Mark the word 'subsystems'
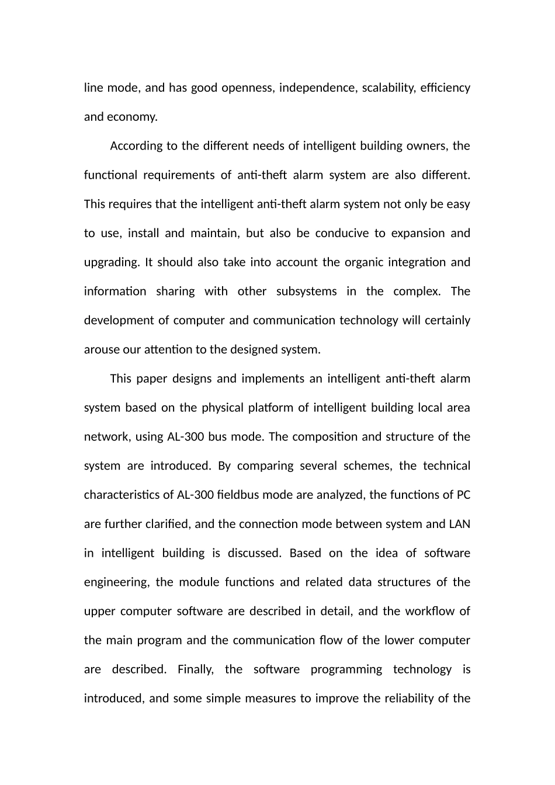[306, 291]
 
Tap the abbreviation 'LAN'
[459, 524]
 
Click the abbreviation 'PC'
[463, 495]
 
